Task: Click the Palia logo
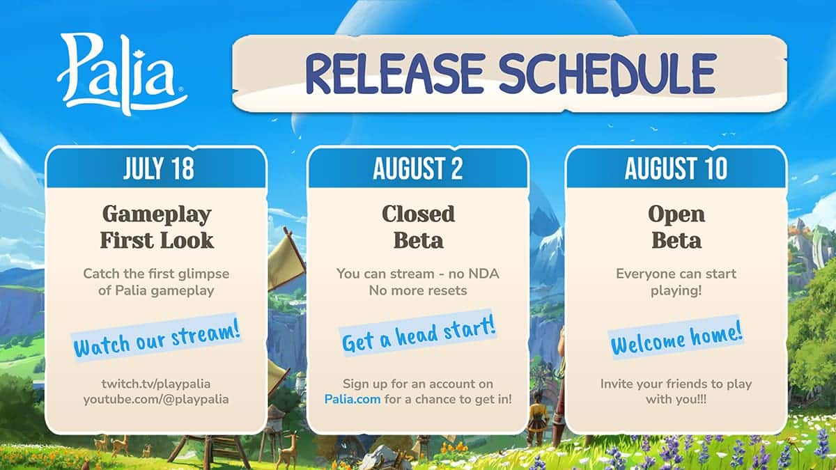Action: [122, 74]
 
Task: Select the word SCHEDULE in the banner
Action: [607, 74]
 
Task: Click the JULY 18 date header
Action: [159, 169]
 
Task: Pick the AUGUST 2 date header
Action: [418, 169]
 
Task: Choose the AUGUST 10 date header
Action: [676, 169]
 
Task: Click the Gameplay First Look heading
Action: [157, 227]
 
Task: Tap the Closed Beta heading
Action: [419, 227]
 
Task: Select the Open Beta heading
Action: [676, 227]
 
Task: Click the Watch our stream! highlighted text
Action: [156, 337]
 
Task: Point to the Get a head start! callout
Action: [419, 333]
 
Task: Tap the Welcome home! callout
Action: [676, 337]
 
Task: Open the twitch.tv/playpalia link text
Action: [156, 384]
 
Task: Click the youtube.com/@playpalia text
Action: [156, 400]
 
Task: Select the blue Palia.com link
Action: [353, 400]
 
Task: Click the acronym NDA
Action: [483, 274]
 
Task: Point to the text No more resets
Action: [418, 290]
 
